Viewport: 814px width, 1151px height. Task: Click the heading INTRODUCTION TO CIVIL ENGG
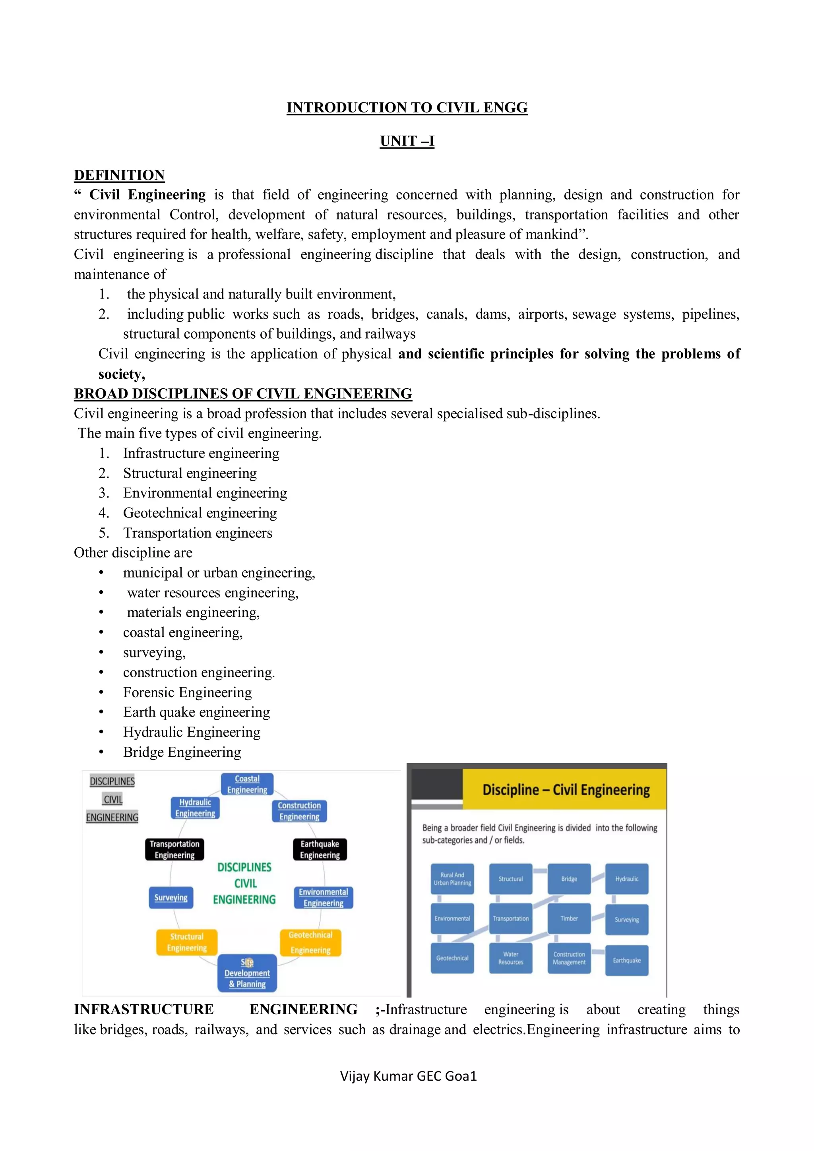pos(407,107)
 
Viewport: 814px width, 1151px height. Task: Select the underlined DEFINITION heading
pos(119,175)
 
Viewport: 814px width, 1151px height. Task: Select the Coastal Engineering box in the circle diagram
pos(247,784)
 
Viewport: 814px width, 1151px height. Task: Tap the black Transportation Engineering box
pos(174,849)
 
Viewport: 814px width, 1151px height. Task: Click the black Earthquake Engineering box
pos(320,849)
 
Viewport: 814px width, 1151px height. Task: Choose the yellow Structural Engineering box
pos(186,942)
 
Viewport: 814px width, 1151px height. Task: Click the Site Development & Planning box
pos(247,973)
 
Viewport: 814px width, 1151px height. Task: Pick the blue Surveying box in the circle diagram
pos(171,897)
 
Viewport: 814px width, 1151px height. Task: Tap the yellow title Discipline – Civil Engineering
pos(566,790)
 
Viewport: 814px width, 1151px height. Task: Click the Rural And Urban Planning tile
pos(452,879)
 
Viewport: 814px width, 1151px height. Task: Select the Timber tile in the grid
pos(569,918)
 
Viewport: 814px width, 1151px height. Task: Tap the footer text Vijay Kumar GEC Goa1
pos(408,1076)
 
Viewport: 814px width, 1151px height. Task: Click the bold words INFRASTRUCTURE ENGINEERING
pos(215,1009)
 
